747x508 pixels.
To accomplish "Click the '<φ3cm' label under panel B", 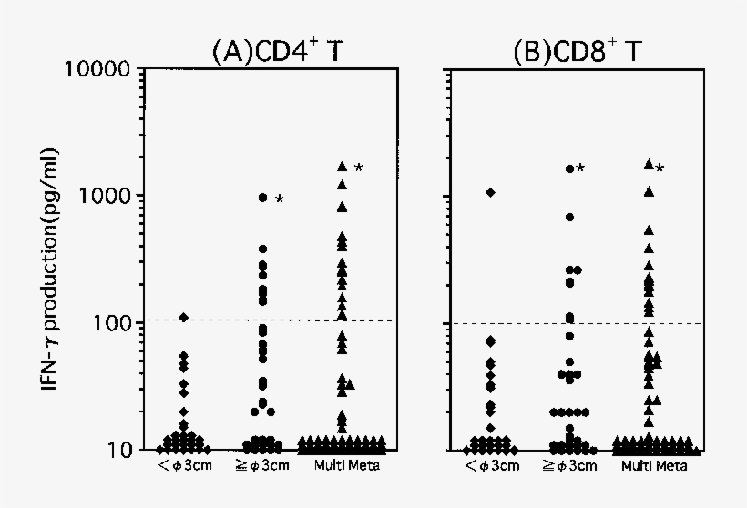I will (x=489, y=467).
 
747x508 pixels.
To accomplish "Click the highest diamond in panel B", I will (x=490, y=192).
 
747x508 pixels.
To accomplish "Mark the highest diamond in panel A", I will (x=183, y=317).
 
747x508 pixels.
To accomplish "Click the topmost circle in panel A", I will (x=263, y=198).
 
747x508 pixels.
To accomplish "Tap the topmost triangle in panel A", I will (x=343, y=167).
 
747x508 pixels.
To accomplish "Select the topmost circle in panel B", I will (x=569, y=168).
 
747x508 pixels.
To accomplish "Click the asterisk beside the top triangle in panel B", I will (x=660, y=168).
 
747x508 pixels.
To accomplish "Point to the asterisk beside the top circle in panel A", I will (x=279, y=199).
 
